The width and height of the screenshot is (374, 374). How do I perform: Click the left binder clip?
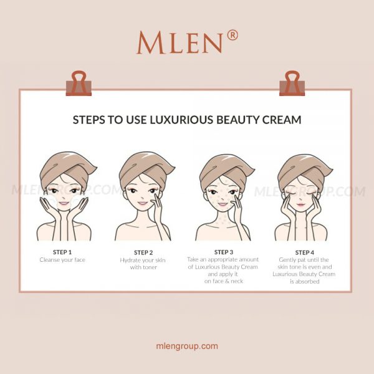[79, 83]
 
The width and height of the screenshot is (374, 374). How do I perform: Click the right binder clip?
[292, 83]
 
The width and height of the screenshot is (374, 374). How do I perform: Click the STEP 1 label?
[62, 252]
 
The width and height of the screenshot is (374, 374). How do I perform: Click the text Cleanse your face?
[62, 260]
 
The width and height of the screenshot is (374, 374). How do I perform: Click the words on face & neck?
[224, 282]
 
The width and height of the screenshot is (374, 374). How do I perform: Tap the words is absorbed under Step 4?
[304, 282]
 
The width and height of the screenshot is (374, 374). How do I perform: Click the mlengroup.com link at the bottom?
[187, 346]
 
